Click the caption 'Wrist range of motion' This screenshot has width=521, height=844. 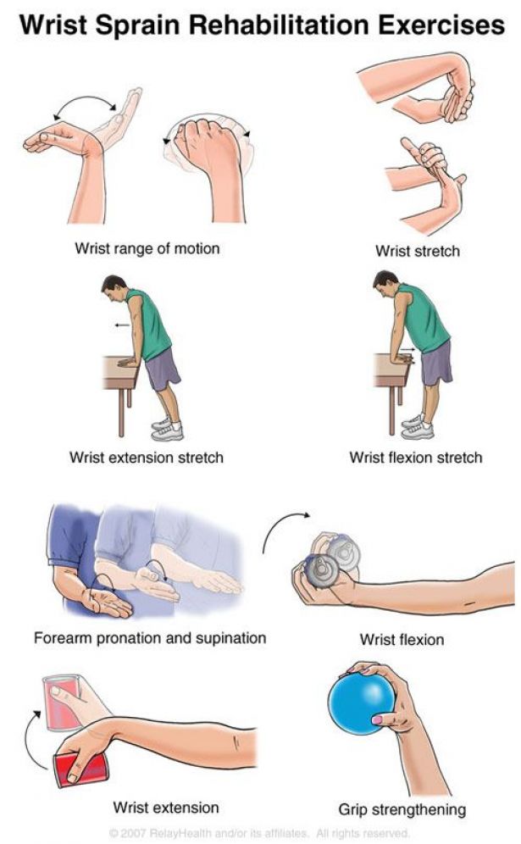pyautogui.click(x=147, y=248)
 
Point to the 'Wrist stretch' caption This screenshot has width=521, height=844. pyautogui.click(x=417, y=251)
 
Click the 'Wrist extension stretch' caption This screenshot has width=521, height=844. pyautogui.click(x=146, y=458)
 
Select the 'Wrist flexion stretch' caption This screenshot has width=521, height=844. pyautogui.click(x=415, y=458)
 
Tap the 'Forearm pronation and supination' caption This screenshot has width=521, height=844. pyautogui.click(x=150, y=638)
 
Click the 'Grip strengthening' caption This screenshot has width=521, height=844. pyautogui.click(x=402, y=809)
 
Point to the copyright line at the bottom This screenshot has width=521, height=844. pyautogui.click(x=259, y=833)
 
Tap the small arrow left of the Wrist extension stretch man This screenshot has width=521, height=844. pyautogui.click(x=122, y=325)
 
